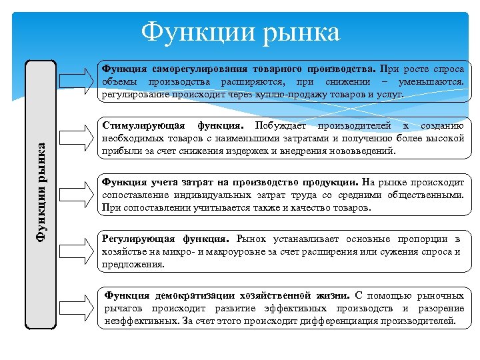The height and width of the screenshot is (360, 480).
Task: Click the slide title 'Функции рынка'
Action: click(x=241, y=31)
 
